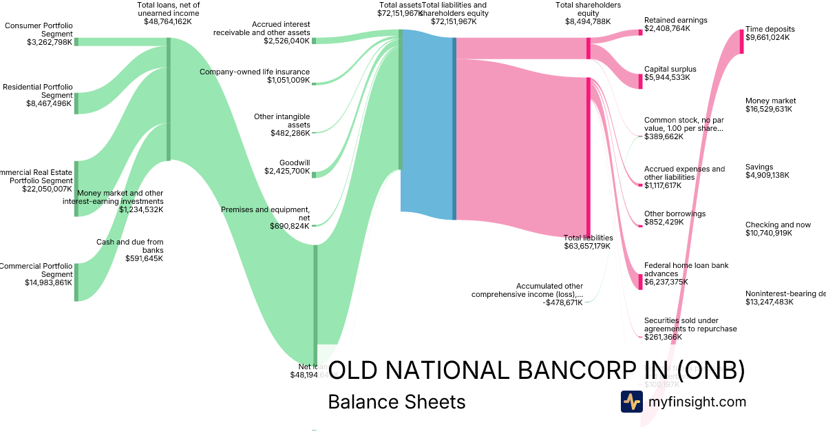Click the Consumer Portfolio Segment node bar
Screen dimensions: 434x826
pos(76,41)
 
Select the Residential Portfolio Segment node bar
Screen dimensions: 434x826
pos(76,103)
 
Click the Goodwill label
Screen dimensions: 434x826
pos(295,163)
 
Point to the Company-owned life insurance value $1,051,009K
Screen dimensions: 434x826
pos(288,81)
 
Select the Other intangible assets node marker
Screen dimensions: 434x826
pos(314,132)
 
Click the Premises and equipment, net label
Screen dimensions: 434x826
pos(266,214)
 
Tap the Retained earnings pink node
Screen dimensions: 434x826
pos(640,32)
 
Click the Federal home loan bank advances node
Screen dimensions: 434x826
pos(640,277)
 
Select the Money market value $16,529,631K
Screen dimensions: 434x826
pos(769,110)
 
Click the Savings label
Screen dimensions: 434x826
pos(759,167)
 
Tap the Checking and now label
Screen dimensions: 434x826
pos(778,225)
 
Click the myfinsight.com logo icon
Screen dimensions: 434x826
pos(631,402)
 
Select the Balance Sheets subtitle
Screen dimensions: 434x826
pos(396,402)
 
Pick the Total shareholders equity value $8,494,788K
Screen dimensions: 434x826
pos(587,21)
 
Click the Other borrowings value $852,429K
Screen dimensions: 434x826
pos(664,222)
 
